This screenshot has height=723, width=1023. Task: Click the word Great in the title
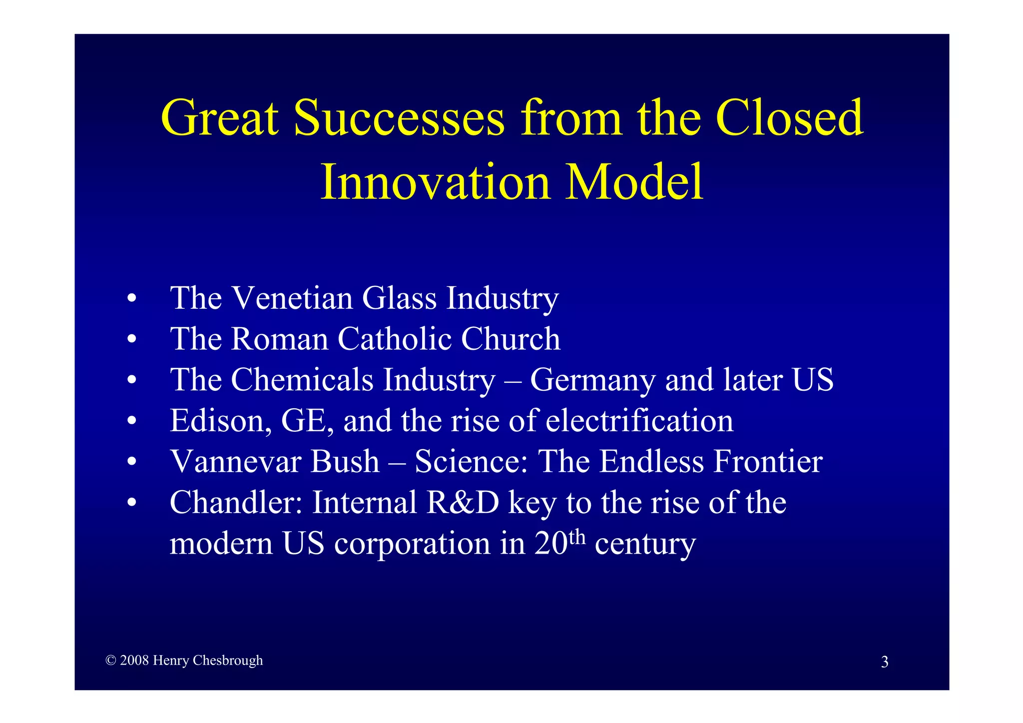(x=220, y=118)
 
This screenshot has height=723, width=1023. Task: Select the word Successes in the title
(x=399, y=118)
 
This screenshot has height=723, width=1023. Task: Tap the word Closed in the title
(x=789, y=118)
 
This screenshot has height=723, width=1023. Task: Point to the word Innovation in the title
(x=435, y=182)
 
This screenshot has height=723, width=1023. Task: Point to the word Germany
(x=592, y=381)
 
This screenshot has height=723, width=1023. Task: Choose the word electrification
(x=639, y=421)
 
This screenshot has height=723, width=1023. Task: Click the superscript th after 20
(x=577, y=537)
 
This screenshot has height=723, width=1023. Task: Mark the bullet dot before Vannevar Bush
(x=131, y=462)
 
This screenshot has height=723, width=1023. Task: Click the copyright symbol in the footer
(x=111, y=661)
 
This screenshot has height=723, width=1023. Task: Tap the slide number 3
(x=884, y=662)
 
